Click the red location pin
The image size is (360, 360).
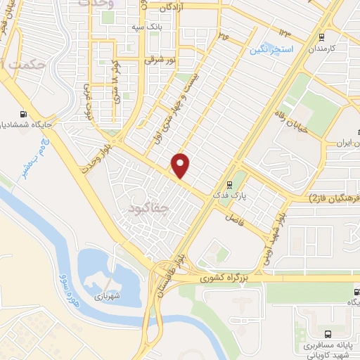(181, 165)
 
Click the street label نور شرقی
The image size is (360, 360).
(158, 61)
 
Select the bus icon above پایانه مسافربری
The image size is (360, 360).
(328, 335)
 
